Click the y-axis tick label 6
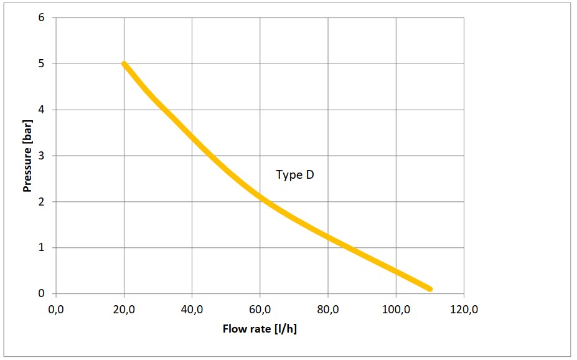42,17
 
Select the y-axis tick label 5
42,64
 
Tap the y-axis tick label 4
42,110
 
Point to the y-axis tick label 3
42,156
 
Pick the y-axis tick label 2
42,202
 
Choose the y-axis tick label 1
42,248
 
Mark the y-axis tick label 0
42,293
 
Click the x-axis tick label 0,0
56,310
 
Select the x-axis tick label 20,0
124,310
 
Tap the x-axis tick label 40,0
192,310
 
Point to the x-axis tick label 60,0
260,310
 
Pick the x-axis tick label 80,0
327,310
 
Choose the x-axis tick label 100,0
395,310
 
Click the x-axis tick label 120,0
464,310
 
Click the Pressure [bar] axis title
28,156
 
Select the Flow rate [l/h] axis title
260,328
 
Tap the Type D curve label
295,175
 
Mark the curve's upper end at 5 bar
124,64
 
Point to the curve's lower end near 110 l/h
429,289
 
